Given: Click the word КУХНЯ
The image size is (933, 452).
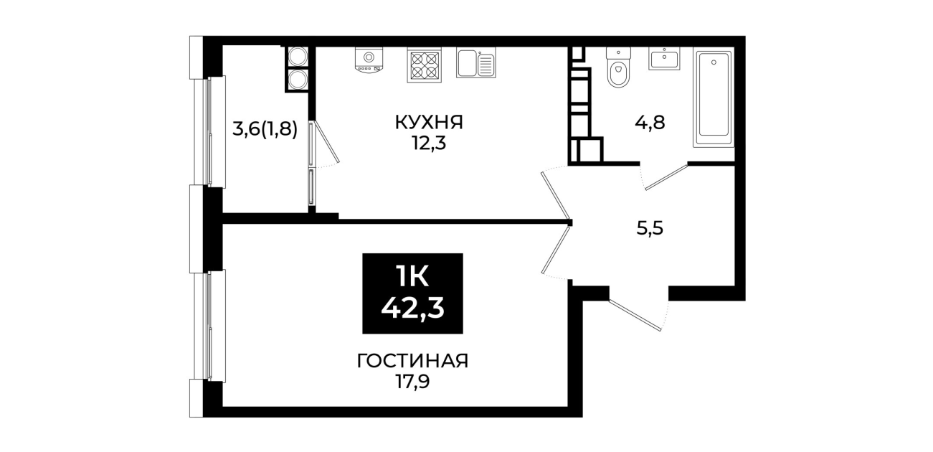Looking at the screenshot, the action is [429, 123].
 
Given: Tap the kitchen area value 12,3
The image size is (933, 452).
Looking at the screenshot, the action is [429, 144].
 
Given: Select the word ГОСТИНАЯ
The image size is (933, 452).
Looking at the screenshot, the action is [413, 361].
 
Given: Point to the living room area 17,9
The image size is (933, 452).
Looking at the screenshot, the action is [412, 382].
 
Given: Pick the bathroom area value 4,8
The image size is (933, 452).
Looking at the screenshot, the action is [650, 123].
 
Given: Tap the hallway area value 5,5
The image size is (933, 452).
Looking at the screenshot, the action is [650, 228].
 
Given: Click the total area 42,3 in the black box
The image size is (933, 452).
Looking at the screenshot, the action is [413, 309].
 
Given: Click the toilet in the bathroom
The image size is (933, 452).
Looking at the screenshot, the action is [618, 67].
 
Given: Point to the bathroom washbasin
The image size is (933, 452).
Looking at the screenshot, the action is [664, 58].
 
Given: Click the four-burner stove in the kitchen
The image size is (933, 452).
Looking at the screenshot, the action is [424, 65].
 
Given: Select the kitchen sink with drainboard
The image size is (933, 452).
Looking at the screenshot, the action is [476, 62].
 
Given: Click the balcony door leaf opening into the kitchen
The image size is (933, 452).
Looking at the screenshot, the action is [327, 141].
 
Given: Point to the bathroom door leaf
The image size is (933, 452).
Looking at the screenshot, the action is [666, 177].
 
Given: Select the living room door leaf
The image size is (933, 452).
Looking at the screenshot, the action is [556, 250].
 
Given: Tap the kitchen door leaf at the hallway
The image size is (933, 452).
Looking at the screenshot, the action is [556, 195].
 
